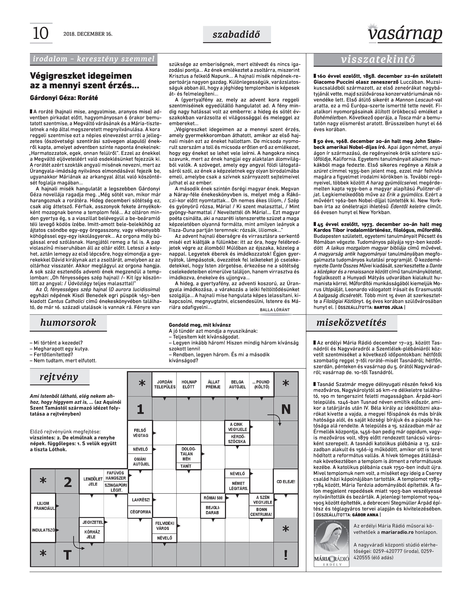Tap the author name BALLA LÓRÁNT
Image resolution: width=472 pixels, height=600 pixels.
(275, 310)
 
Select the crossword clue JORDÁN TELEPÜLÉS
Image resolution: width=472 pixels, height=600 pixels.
(165, 384)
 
